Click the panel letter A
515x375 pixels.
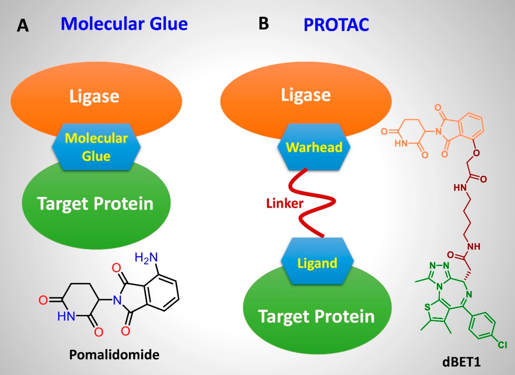[x=23, y=25]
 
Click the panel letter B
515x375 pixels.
[x=264, y=23]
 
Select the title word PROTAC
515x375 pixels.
[x=336, y=25]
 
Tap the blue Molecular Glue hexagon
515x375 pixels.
[x=96, y=147]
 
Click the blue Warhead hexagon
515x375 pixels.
[x=314, y=147]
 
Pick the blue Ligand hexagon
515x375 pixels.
[x=317, y=262]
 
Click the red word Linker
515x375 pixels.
[x=285, y=203]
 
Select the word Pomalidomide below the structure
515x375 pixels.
[x=114, y=354]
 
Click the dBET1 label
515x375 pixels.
[x=462, y=362]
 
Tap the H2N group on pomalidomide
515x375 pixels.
[x=146, y=258]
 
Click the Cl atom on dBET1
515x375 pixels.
[x=502, y=345]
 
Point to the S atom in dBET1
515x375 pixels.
[x=427, y=307]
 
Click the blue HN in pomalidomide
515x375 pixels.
[x=66, y=316]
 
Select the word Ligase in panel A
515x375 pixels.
[x=94, y=96]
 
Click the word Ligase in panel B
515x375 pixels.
[x=306, y=95]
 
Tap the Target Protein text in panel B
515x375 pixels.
[x=316, y=316]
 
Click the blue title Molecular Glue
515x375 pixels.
[x=124, y=24]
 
